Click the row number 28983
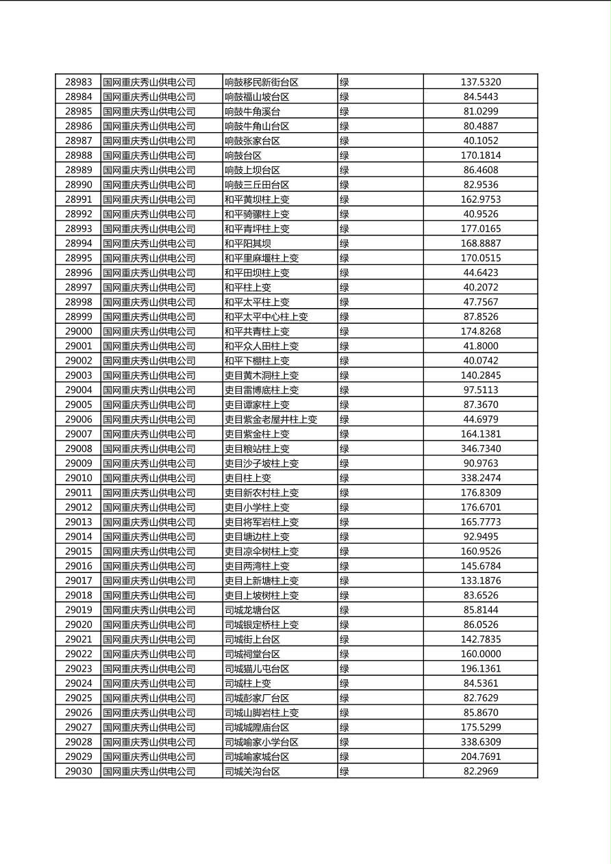(x=78, y=82)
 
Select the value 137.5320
(x=480, y=82)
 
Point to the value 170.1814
(x=480, y=155)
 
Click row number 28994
(x=78, y=243)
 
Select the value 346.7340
(x=480, y=448)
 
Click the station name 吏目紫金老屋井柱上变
(x=271, y=419)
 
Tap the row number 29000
(x=78, y=331)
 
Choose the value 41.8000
(x=480, y=346)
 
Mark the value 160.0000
(x=480, y=654)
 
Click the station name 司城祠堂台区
(x=253, y=654)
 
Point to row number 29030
(x=78, y=771)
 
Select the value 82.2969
(x=480, y=771)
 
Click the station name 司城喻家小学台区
(x=262, y=742)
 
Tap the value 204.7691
(x=480, y=757)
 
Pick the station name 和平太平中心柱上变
(x=266, y=316)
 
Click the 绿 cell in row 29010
(x=345, y=478)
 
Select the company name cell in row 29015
(x=149, y=551)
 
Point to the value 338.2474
(x=480, y=478)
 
